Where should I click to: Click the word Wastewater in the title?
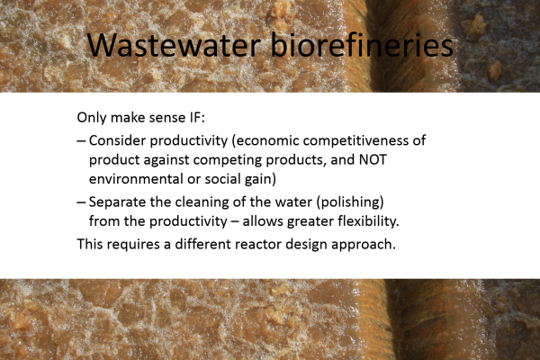pos(174,45)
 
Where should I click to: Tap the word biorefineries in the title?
pos(362,44)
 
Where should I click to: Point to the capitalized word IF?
pos(197,118)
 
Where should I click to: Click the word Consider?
pos(117,140)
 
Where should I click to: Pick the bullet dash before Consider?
pos(81,141)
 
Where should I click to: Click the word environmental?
pos(135,179)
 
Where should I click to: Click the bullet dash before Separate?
pos(81,202)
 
